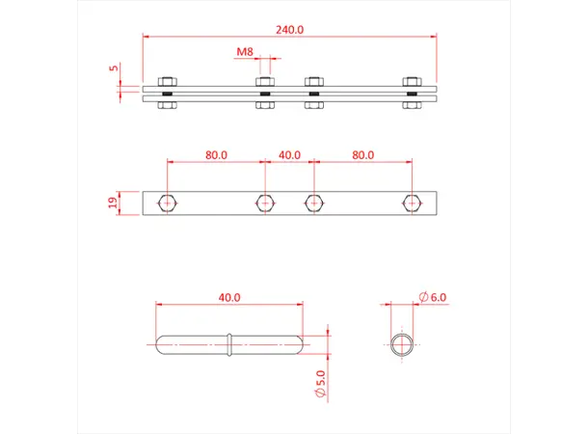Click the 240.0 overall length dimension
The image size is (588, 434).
click(x=289, y=30)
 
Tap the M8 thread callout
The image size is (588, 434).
click(x=247, y=52)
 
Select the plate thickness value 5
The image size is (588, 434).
click(x=114, y=68)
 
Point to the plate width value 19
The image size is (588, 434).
click(x=113, y=203)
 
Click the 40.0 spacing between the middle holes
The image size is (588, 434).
click(x=289, y=154)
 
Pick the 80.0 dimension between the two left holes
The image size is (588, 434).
click(x=215, y=154)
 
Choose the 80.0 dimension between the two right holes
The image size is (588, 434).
click(x=362, y=154)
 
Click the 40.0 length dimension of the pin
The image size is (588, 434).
click(x=229, y=298)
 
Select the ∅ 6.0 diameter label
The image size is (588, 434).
click(x=433, y=298)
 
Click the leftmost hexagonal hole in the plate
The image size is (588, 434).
click(x=168, y=203)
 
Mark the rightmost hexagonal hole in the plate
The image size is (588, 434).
click(x=413, y=203)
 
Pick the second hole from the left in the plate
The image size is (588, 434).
click(x=265, y=203)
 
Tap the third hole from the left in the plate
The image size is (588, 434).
click(x=313, y=203)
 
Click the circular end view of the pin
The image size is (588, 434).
click(x=403, y=344)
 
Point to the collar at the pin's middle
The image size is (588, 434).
click(x=229, y=344)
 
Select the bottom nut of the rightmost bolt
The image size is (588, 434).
click(x=413, y=105)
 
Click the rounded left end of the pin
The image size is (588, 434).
click(x=161, y=344)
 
